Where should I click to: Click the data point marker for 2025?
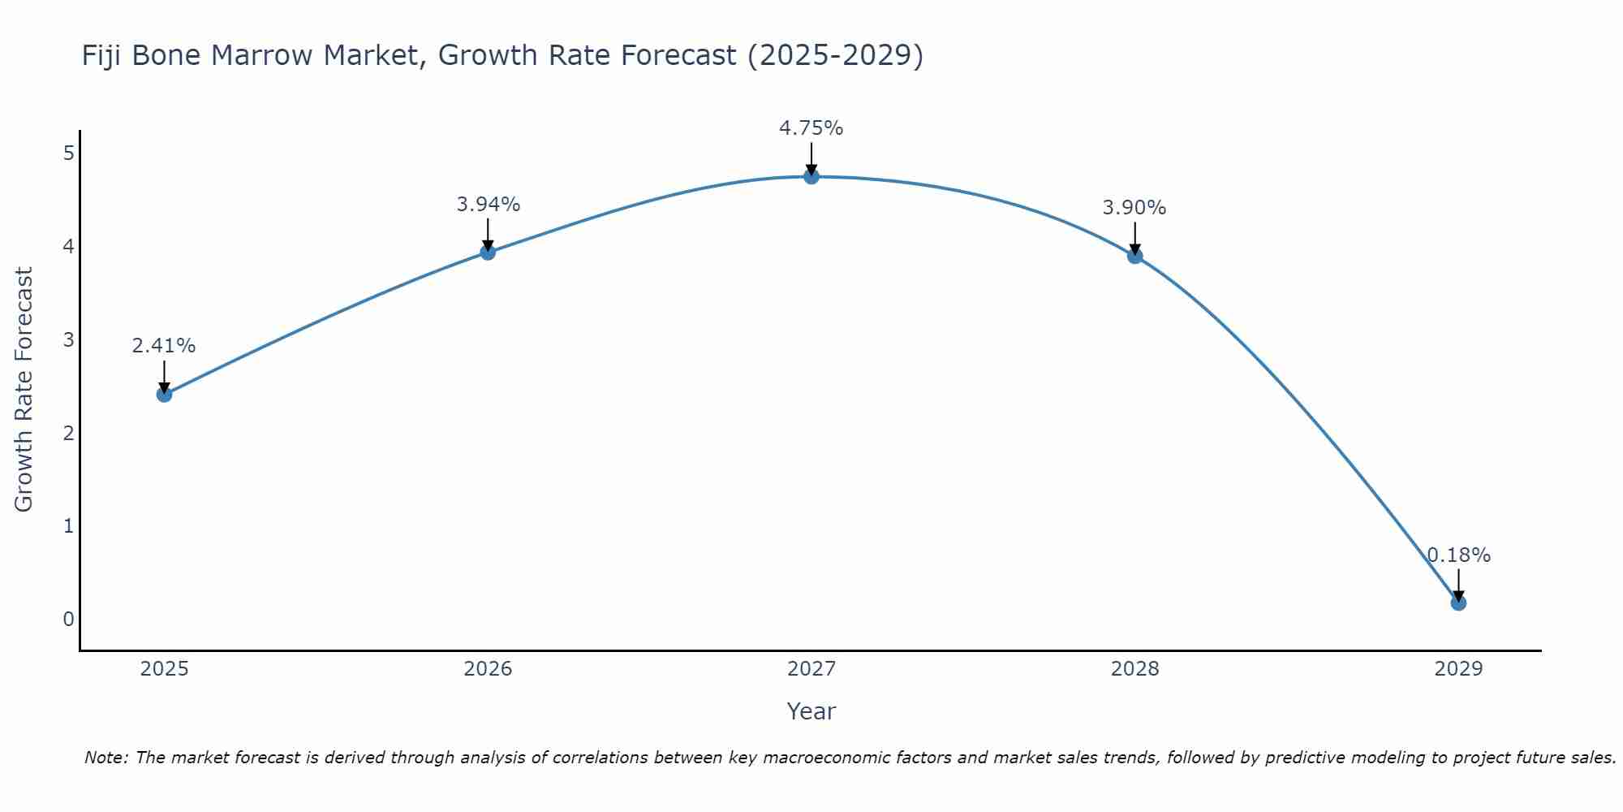click(x=164, y=395)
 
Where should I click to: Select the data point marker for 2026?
click(x=488, y=253)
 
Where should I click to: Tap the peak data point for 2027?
click(x=811, y=176)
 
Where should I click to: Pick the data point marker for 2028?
click(x=1134, y=256)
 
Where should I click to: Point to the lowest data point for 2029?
click(x=1458, y=603)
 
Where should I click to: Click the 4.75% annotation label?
click(x=811, y=128)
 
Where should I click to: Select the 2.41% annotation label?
click(x=164, y=346)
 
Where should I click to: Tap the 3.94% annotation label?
click(x=488, y=205)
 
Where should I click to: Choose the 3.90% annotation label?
click(x=1134, y=208)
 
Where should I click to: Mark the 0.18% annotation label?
click(x=1458, y=555)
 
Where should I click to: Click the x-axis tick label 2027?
click(x=811, y=669)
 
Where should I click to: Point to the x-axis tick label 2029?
click(x=1458, y=669)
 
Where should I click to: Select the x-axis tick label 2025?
click(x=164, y=669)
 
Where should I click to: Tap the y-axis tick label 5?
click(x=68, y=153)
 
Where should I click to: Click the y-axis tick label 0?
click(x=68, y=620)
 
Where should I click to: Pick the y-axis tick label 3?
click(x=68, y=339)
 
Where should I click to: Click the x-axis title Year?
click(x=811, y=711)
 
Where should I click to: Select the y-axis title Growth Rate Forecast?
click(x=24, y=390)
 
